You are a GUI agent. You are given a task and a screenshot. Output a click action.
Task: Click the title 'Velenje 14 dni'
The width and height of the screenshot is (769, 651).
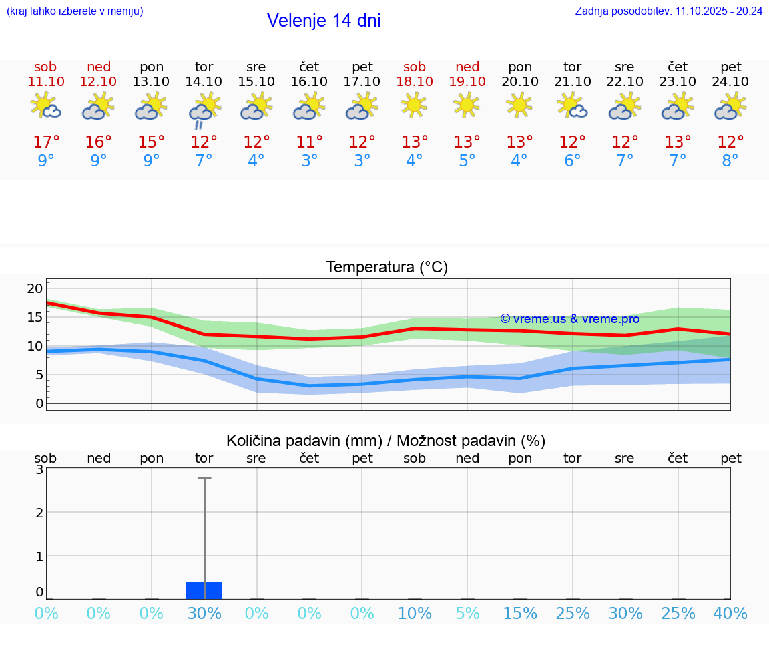click(x=324, y=21)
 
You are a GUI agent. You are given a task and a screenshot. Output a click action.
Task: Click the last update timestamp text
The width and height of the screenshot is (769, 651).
click(x=668, y=11)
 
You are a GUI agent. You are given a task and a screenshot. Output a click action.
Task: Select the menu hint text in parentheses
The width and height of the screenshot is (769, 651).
click(x=75, y=11)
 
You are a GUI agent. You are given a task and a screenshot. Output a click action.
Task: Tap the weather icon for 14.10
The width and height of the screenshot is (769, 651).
click(x=204, y=110)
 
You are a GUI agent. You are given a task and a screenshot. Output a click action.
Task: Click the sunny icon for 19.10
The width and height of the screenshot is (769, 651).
click(x=467, y=105)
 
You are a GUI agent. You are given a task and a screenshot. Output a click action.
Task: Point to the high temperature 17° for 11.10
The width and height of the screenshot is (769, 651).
click(x=46, y=142)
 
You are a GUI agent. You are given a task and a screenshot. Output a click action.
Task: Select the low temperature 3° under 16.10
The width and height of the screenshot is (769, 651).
click(x=309, y=161)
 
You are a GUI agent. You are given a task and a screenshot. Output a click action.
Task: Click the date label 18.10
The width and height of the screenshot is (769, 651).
click(x=415, y=82)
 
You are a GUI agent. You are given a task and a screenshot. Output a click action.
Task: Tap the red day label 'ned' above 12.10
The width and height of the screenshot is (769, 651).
click(x=99, y=67)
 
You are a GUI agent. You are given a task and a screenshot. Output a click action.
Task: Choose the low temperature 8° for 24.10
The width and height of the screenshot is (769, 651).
click(x=730, y=161)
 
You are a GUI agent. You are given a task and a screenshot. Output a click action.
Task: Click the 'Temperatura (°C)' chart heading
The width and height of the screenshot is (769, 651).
click(x=387, y=268)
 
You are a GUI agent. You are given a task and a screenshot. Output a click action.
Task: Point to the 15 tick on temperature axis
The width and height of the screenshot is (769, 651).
click(x=35, y=317)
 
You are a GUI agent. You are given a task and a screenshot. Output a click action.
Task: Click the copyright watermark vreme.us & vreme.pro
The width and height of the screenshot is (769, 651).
click(x=569, y=319)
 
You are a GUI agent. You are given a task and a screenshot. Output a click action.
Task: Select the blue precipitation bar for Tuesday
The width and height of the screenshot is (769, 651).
click(x=204, y=590)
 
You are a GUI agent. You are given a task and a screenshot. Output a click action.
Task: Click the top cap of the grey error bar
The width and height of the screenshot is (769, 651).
click(x=204, y=479)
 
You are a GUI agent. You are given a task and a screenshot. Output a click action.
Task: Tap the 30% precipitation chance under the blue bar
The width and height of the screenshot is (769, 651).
click(x=204, y=614)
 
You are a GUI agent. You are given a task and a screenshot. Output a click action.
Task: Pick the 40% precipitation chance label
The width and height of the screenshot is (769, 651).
click(x=730, y=614)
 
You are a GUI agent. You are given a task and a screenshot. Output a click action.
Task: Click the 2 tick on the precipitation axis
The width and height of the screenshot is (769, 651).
click(x=39, y=512)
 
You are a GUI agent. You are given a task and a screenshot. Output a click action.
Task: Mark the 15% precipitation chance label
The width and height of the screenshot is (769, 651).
click(x=520, y=614)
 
